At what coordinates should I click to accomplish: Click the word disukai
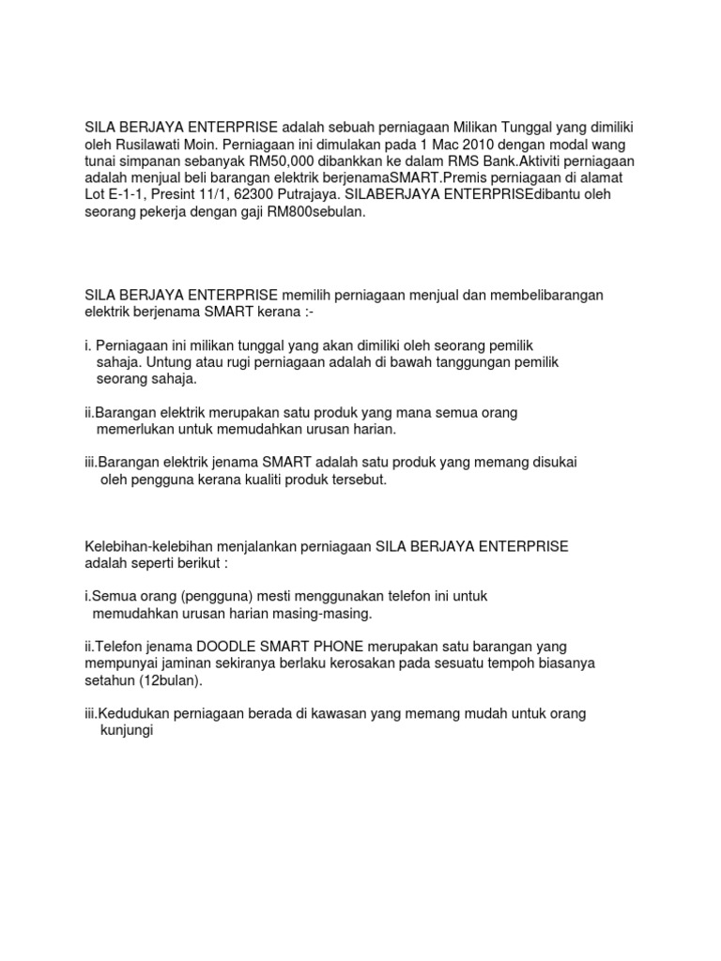553,463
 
